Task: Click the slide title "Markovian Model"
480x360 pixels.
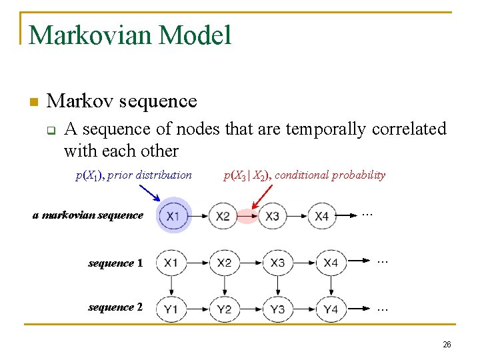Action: point(131,35)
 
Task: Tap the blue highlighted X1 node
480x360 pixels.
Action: point(173,217)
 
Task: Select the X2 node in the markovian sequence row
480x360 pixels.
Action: point(223,217)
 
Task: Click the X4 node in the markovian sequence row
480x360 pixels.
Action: point(322,217)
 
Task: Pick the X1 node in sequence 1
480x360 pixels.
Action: point(171,263)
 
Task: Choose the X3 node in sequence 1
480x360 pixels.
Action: point(277,263)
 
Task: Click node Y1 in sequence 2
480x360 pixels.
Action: point(171,309)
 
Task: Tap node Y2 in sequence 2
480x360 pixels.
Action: point(224,309)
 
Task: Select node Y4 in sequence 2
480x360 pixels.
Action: point(331,309)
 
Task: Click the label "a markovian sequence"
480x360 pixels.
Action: point(88,215)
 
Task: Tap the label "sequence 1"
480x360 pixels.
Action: point(115,263)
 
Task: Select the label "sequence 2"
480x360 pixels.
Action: point(115,307)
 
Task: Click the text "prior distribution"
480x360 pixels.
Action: point(149,175)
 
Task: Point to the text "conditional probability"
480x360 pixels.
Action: point(330,175)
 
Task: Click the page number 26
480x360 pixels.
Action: point(447,345)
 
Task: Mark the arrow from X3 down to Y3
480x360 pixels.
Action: point(278,285)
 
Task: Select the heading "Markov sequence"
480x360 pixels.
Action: point(122,101)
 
